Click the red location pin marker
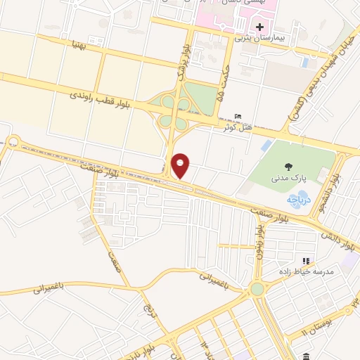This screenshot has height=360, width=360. tap(181, 165)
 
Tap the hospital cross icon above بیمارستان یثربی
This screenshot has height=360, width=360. tap(259, 26)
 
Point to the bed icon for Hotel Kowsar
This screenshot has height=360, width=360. tap(238, 117)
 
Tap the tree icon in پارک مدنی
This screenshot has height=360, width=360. tap(288, 167)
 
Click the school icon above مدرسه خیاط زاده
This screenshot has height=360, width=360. tap(306, 261)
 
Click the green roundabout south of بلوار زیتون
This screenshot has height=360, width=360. tap(257, 289)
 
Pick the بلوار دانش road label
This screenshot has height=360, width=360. tap(340, 239)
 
